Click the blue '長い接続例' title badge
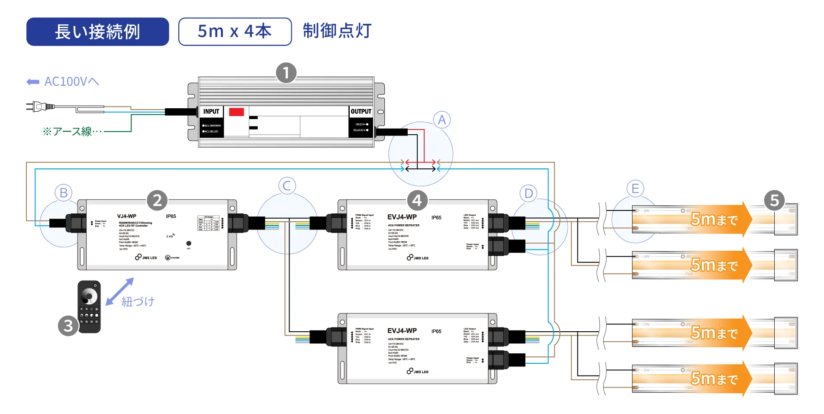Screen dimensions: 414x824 tap(97, 32)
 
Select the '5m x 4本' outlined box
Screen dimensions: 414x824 tap(235, 32)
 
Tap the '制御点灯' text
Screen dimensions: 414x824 tap(337, 31)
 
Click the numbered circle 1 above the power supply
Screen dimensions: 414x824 tap(286, 73)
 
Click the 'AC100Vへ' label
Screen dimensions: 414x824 tap(71, 81)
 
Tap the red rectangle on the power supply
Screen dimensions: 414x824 tap(236, 112)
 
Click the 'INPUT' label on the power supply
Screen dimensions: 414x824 tap(211, 111)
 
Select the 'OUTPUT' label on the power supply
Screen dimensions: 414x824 tap(361, 111)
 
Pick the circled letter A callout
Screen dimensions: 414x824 tap(441, 120)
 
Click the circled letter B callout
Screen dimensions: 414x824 tap(64, 193)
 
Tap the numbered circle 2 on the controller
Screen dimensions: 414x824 tap(157, 200)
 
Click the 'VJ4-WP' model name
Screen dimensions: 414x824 tap(126, 216)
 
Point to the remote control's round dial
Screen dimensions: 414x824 tap(89, 297)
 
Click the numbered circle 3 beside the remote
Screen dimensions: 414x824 tap(68, 326)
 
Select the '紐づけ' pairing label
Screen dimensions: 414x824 tap(138, 301)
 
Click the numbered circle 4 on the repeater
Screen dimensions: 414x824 tap(417, 200)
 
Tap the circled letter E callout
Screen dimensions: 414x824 tap(635, 188)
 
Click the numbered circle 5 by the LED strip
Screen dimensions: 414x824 tap(774, 201)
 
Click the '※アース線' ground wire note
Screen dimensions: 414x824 tap(72, 131)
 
